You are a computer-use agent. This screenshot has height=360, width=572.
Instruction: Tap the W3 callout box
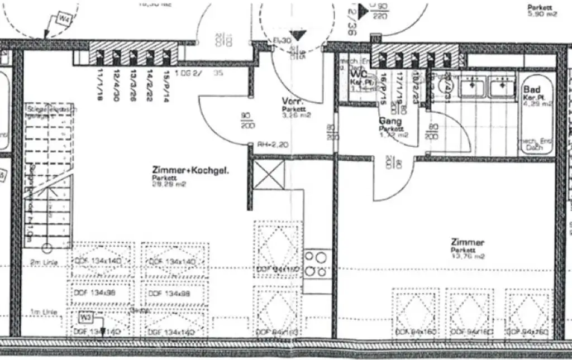coord(85,318)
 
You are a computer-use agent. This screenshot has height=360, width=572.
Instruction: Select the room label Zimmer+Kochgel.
coord(190,170)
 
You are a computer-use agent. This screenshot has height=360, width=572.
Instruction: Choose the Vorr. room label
coord(293,102)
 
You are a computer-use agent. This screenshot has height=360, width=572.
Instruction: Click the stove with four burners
coord(316,265)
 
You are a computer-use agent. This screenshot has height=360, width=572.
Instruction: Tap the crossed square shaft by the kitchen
coord(269,174)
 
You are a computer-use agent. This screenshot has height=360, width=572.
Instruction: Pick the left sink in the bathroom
coord(472,87)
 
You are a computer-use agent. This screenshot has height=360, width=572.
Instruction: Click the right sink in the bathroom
coord(501,87)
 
